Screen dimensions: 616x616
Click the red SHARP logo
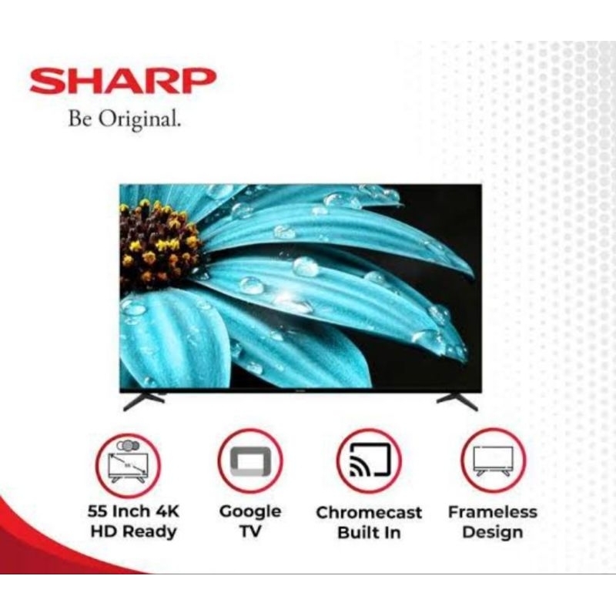[x=123, y=81]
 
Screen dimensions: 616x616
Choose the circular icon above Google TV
[x=249, y=462]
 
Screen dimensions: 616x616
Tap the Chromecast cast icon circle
[x=370, y=462]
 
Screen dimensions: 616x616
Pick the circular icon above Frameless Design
[x=493, y=462]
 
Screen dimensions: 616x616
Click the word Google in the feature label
[x=249, y=511]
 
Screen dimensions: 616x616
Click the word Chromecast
[x=370, y=513]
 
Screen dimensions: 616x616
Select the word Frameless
[x=493, y=511]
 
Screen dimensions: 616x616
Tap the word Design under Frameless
[x=493, y=532]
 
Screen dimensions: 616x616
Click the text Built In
[x=370, y=533]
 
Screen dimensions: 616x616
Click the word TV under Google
[x=249, y=532]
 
